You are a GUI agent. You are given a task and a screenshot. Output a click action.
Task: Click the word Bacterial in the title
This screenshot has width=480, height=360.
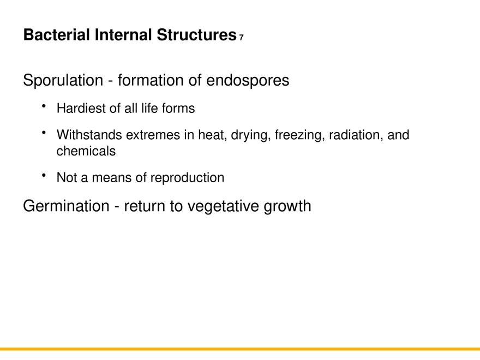point(57,35)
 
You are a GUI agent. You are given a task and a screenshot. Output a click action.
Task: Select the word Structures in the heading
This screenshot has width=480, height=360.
point(196,35)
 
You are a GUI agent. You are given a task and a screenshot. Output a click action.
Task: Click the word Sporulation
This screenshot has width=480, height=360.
point(63,81)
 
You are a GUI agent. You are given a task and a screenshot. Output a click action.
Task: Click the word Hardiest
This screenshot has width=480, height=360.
point(81,109)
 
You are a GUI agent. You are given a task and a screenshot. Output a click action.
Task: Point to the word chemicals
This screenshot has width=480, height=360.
point(86,152)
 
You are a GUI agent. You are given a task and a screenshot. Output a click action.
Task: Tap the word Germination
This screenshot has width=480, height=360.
point(66,207)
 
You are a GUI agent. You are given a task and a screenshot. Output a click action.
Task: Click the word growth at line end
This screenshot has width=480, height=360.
point(289,207)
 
